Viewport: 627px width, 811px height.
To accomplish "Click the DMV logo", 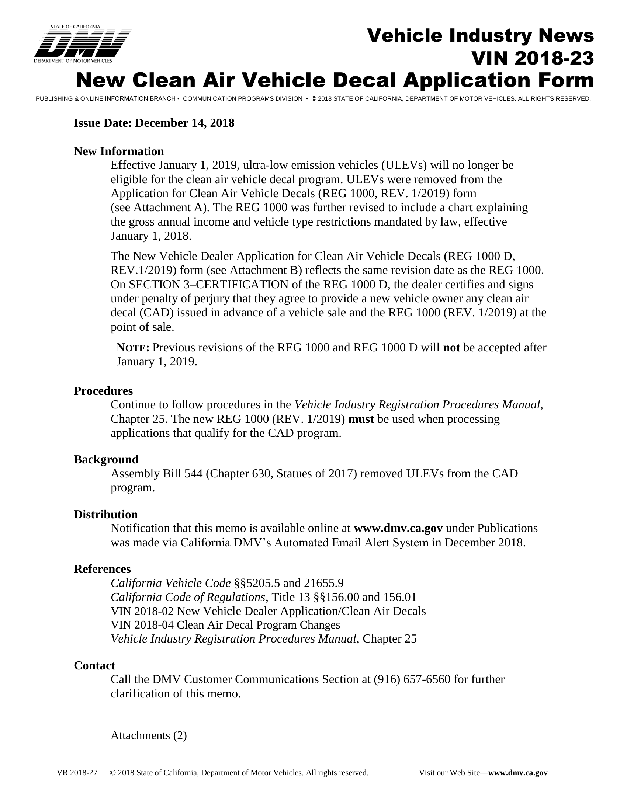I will click(x=83, y=43).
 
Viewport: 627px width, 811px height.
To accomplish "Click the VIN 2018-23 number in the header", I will click(x=532, y=58).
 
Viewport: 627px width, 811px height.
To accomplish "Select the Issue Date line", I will click(x=154, y=123).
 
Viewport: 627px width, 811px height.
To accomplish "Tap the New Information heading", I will click(x=119, y=151).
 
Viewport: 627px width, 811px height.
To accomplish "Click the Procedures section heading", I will click(x=103, y=391).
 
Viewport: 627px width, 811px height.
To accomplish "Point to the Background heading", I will click(x=106, y=459).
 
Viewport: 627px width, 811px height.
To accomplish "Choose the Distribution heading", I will click(x=105, y=514).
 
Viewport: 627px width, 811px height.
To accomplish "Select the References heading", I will click(x=102, y=569).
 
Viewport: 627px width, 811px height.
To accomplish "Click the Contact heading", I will click(x=94, y=665).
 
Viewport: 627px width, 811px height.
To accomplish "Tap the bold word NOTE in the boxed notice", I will click(x=133, y=348).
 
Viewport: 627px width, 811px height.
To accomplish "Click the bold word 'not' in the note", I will click(x=451, y=348).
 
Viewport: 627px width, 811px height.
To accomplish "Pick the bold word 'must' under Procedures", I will click(x=361, y=419).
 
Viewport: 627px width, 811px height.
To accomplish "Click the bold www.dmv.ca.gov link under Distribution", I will click(x=398, y=528).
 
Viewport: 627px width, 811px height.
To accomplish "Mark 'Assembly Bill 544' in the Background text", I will click(x=156, y=473).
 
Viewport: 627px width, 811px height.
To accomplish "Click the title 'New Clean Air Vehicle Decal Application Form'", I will click(x=335, y=80).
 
